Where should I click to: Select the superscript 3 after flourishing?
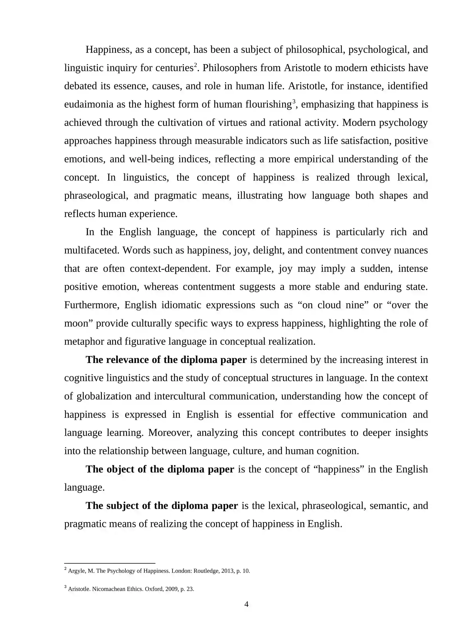[x=294, y=102]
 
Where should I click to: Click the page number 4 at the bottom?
[x=246, y=604]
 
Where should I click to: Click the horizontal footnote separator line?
[x=110, y=563]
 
